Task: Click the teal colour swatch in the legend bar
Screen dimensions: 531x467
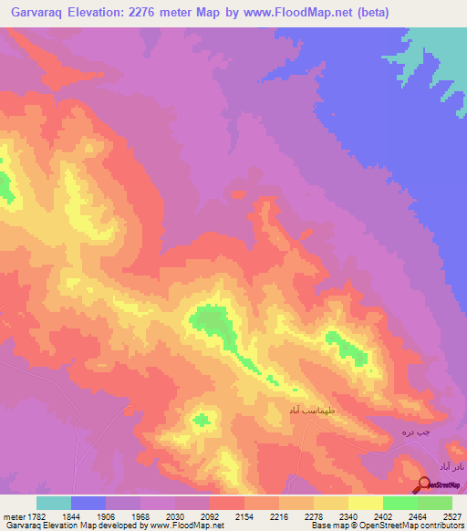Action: [x=54, y=503]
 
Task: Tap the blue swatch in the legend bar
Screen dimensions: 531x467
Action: [x=88, y=503]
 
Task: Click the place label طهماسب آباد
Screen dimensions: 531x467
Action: [x=313, y=410]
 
